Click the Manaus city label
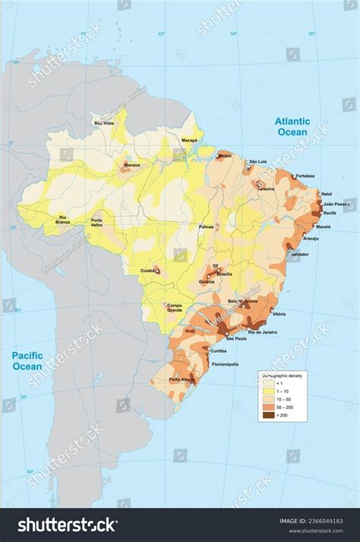point(132,164)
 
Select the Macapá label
point(188,141)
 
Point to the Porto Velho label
point(102,223)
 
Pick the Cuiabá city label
point(147,270)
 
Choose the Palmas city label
point(206,227)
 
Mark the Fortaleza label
point(305,176)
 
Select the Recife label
point(329,212)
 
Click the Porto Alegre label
point(182,379)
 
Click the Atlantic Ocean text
point(292,126)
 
